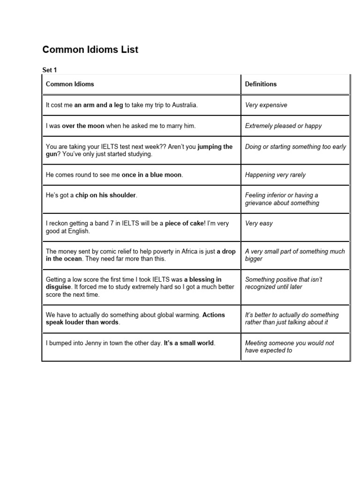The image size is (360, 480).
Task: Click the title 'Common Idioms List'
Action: point(90,50)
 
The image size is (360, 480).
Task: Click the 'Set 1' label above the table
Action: point(49,70)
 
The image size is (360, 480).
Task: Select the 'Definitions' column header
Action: point(261,84)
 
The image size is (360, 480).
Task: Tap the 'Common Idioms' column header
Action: point(70,84)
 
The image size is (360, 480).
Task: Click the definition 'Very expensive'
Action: point(266,105)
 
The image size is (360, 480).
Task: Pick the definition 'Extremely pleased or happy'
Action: point(283,126)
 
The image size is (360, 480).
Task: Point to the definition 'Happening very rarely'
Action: point(275,175)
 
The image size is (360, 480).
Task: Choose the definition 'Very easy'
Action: point(259,223)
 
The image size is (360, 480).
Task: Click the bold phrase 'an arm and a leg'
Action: point(98,105)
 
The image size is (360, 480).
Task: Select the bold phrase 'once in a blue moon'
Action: point(152,175)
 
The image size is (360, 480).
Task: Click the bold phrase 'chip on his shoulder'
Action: point(106,195)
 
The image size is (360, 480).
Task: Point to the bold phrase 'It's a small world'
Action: point(189,343)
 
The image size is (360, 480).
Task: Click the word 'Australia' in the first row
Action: point(185,105)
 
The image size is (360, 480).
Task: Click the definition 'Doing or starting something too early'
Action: point(295,147)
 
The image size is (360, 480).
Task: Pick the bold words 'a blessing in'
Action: point(203,279)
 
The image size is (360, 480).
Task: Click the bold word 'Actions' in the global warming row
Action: point(214,315)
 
